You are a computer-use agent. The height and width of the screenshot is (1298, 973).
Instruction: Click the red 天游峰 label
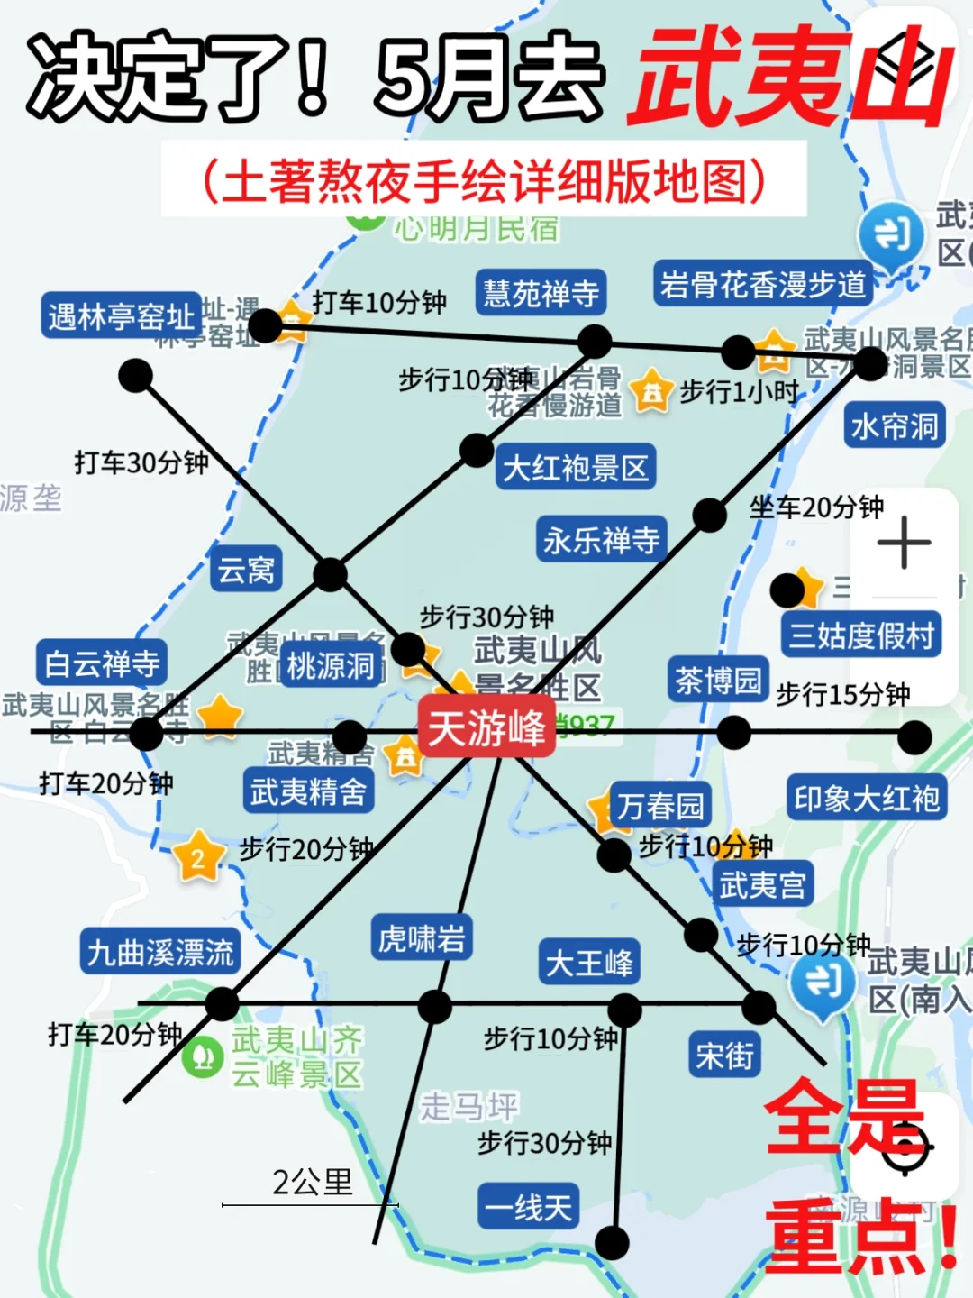point(486,727)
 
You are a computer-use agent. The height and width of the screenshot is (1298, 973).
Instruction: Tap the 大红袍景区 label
point(575,468)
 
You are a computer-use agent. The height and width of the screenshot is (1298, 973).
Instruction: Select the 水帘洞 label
point(895,425)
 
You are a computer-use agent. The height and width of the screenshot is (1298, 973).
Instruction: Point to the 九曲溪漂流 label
point(160,952)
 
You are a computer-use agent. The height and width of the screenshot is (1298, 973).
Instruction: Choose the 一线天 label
point(528,1206)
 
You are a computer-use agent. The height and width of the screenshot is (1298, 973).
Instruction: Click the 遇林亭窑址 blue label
point(121,315)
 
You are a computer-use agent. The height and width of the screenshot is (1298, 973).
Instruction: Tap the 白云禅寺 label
point(102,663)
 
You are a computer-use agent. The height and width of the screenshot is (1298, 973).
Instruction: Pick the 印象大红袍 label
point(866,798)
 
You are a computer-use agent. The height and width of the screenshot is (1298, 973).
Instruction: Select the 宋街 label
point(724,1056)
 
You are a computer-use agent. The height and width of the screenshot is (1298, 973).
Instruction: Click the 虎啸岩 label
point(422,938)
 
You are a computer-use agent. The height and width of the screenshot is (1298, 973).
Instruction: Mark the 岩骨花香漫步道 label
point(762,284)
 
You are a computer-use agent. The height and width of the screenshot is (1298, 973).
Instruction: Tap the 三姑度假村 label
point(861,635)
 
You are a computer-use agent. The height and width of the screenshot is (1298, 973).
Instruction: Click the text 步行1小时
point(739,392)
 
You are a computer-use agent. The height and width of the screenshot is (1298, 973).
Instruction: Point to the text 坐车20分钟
point(816,507)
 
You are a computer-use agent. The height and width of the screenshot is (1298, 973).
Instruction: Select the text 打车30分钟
point(141,462)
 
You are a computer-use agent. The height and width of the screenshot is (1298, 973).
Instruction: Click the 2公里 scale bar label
point(312,1183)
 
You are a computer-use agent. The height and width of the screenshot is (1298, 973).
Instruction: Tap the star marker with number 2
point(197,857)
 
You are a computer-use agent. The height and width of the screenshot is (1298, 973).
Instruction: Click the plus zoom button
point(904,543)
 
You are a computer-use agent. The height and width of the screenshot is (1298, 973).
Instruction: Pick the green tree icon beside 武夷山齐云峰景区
point(203,1055)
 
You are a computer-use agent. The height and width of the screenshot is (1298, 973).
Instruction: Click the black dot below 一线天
point(613,1243)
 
